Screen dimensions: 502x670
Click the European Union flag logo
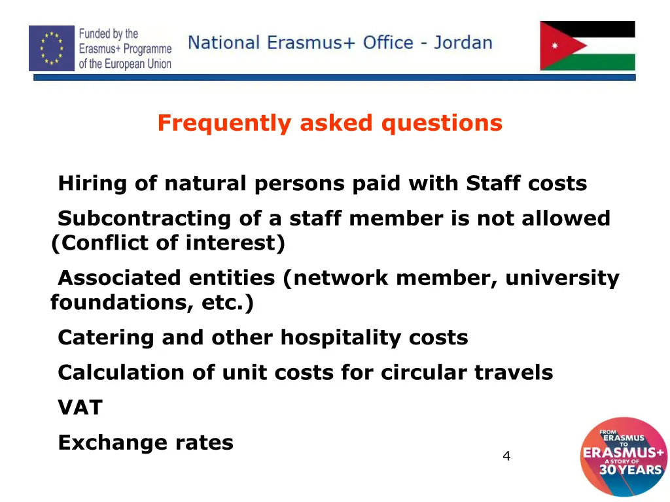click(52, 48)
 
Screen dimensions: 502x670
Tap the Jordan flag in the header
click(587, 46)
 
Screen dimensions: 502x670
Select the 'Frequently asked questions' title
click(330, 123)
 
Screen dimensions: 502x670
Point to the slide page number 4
click(506, 456)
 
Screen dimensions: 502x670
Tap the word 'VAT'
click(80, 408)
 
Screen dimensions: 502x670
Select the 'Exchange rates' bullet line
click(145, 443)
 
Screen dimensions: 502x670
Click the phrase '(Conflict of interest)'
click(168, 243)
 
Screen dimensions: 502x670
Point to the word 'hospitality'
click(341, 337)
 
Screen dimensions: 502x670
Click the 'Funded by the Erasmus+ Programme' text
click(125, 48)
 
